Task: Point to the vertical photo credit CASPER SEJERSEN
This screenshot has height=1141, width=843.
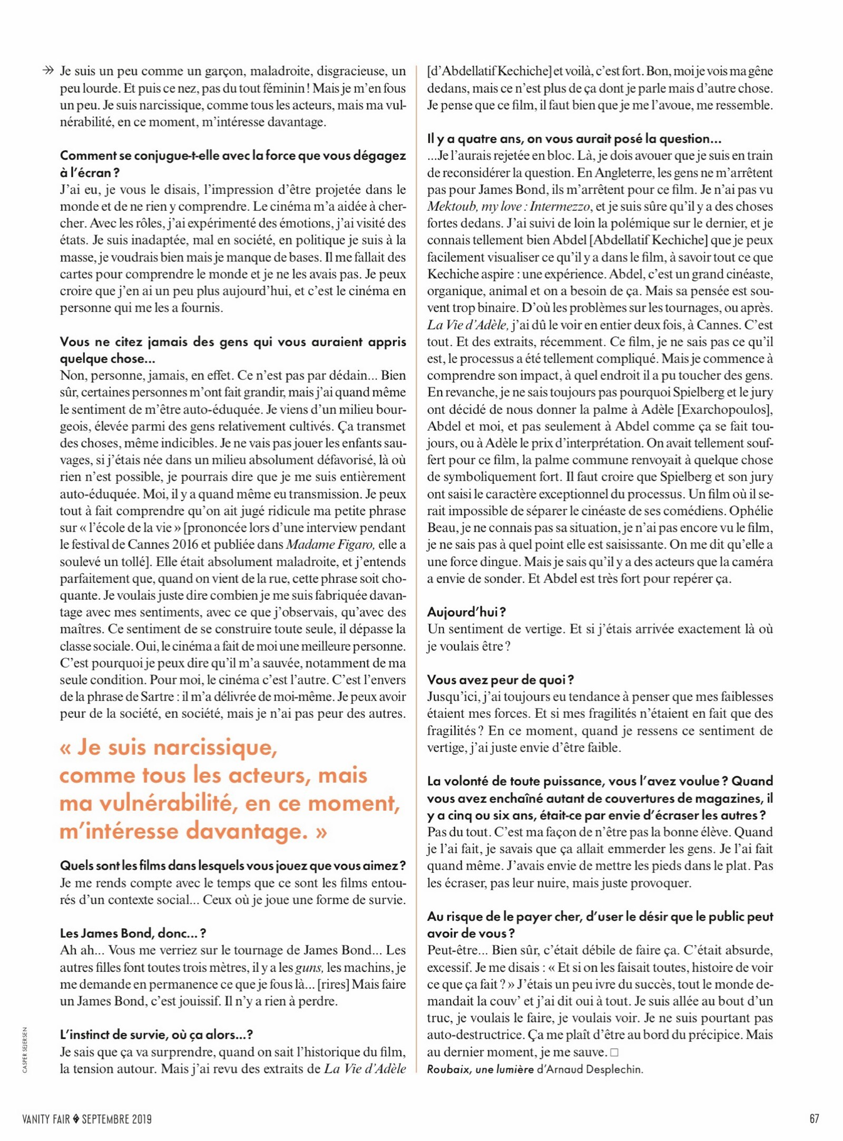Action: [x=25, y=1049]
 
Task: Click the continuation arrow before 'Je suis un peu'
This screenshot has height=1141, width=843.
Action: [x=48, y=71]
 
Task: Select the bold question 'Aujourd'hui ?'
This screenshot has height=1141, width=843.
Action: [x=466, y=612]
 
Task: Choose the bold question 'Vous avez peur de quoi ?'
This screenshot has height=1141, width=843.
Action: [x=500, y=679]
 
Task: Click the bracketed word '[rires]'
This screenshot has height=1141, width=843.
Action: [x=334, y=984]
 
